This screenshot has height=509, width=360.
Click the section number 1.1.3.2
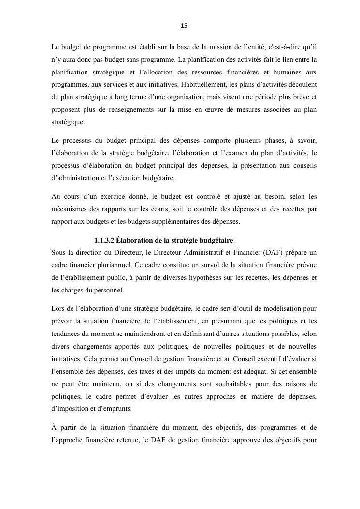(104, 240)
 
